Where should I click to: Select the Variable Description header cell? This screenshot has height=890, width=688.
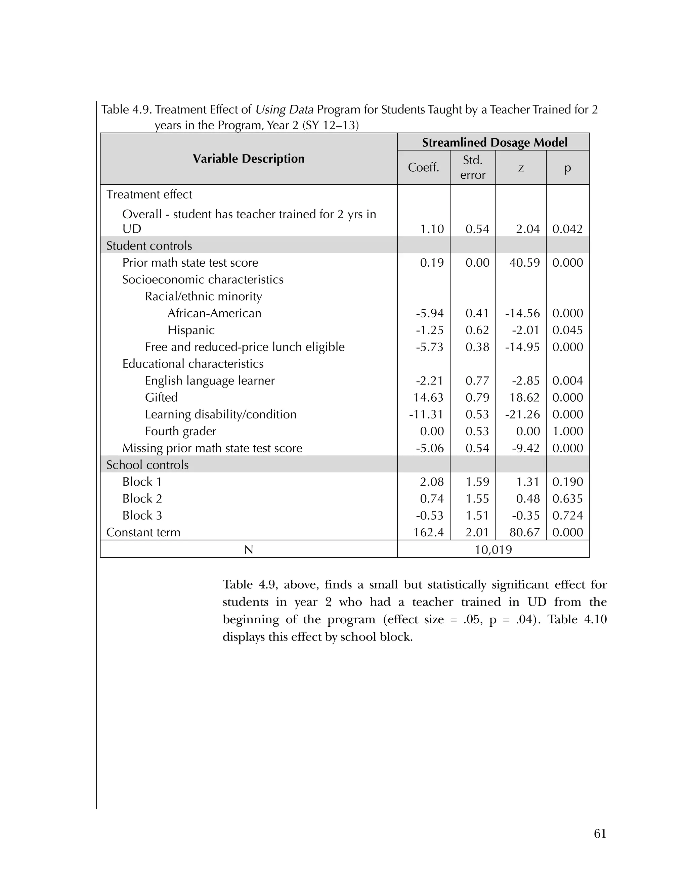tap(249, 159)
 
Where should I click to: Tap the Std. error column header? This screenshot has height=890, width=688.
tap(473, 168)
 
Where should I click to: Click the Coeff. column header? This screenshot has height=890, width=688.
tap(424, 168)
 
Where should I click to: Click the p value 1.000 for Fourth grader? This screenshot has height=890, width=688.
tap(568, 431)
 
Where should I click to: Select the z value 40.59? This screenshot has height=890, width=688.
tap(524, 262)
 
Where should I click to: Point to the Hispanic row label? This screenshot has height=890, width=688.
tap(191, 330)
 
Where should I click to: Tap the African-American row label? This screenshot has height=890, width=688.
tap(214, 313)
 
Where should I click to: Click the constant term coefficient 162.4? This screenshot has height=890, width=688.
tap(428, 532)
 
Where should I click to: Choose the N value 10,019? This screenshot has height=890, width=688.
tap(493, 550)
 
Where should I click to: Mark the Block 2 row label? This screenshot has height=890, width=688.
tap(142, 498)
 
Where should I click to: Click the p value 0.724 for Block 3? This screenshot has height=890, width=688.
tap(568, 516)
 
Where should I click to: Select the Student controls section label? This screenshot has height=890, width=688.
tap(149, 246)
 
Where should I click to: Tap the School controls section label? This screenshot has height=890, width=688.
tap(147, 465)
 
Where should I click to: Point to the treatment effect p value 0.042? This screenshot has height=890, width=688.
tap(568, 229)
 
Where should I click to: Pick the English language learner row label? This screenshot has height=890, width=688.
tap(210, 381)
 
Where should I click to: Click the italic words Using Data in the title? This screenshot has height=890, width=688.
tap(285, 109)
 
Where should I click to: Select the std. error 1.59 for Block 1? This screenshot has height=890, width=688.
tap(477, 482)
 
